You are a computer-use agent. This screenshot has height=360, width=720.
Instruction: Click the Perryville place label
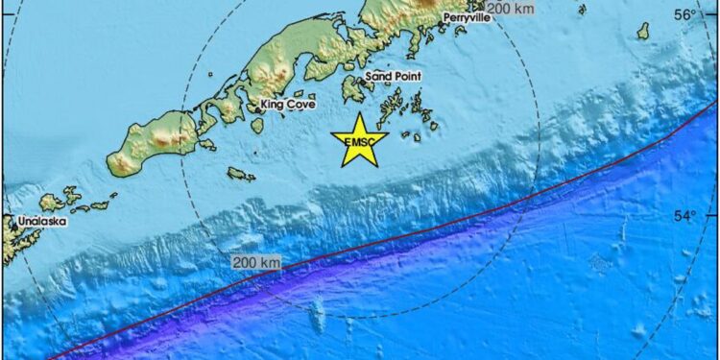[x=467, y=18]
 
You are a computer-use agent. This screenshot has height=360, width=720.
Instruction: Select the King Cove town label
[x=288, y=105]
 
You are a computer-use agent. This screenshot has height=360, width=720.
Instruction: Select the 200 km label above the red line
[x=255, y=262]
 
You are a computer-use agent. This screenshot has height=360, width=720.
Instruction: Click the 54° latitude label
[x=683, y=215]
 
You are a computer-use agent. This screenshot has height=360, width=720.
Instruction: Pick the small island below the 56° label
[x=642, y=32]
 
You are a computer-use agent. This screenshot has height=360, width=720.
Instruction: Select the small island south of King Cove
[x=241, y=174]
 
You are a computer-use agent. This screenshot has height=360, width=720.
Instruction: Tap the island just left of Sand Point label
[x=354, y=90]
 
